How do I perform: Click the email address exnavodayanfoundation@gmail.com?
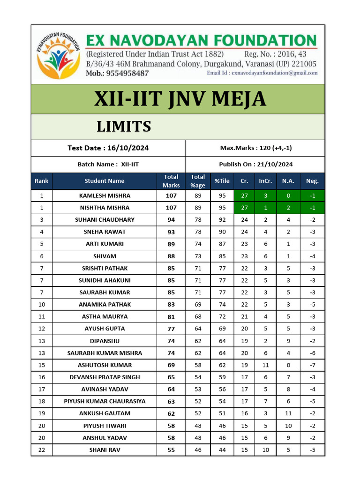pyautogui.click(x=262, y=73)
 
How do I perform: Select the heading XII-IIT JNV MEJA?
pyautogui.click(x=180, y=99)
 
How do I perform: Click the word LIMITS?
pyautogui.click(x=124, y=127)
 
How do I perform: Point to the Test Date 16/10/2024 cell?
pyautogui.click(x=108, y=148)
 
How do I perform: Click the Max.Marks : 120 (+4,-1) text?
pyautogui.click(x=255, y=148)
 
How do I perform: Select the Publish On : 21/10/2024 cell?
pyautogui.click(x=255, y=164)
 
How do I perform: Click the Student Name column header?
pyautogui.click(x=105, y=181)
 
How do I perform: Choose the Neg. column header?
pyautogui.click(x=312, y=181)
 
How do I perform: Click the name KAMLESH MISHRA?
pyautogui.click(x=105, y=195)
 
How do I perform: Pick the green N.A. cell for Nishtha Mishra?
pyautogui.click(x=288, y=208)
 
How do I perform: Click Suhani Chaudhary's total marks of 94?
pyautogui.click(x=171, y=220)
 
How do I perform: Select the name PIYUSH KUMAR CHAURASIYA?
pyautogui.click(x=105, y=401)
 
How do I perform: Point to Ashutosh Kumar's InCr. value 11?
pyautogui.click(x=266, y=365)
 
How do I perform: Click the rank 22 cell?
pyautogui.click(x=42, y=450)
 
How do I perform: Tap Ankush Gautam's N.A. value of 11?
pyautogui.click(x=288, y=413)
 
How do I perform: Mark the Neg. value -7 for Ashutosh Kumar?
pyautogui.click(x=312, y=365)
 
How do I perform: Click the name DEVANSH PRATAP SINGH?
pyautogui.click(x=105, y=377)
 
